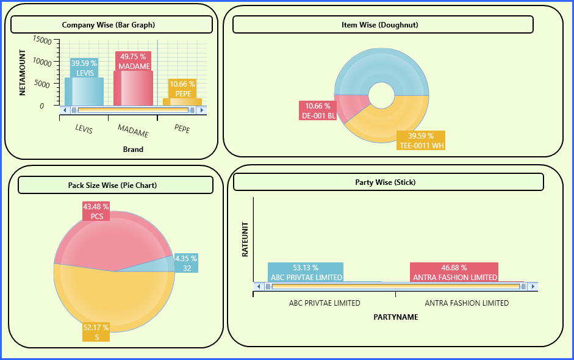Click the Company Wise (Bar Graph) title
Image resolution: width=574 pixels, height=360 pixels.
[109, 25]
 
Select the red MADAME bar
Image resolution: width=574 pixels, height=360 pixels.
[133, 88]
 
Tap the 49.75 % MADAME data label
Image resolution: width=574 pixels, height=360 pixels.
[133, 61]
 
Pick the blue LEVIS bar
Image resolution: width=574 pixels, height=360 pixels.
[84, 92]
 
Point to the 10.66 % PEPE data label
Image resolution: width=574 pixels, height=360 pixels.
[182, 88]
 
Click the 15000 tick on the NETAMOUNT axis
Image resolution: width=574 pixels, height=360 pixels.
[43, 40]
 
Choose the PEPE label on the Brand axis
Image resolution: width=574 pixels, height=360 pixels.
[182, 129]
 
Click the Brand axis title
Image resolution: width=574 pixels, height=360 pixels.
[133, 149]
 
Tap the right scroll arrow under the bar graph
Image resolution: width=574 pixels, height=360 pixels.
[202, 110]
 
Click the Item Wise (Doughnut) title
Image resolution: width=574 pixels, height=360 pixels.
[379, 25]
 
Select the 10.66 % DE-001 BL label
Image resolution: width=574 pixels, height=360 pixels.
[318, 110]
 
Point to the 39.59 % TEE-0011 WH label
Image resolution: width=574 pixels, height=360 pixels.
[421, 140]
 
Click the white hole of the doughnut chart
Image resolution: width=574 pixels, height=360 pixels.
[381, 96]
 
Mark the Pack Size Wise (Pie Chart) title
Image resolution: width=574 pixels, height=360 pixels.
[112, 185]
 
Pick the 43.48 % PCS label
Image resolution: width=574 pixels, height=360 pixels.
[96, 211]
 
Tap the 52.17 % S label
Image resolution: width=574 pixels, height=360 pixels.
[96, 332]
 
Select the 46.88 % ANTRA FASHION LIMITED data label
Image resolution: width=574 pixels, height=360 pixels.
[454, 273]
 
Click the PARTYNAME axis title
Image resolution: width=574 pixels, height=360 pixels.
[396, 317]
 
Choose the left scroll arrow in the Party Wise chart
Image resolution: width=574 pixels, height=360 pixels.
[259, 286]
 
